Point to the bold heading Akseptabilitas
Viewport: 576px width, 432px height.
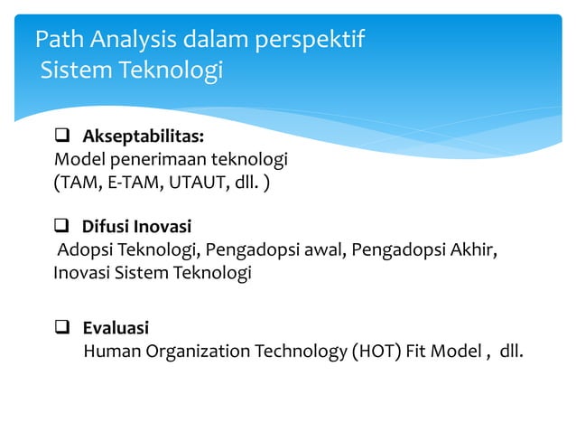pyautogui.click(x=143, y=137)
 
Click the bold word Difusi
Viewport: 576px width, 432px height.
pyautogui.click(x=107, y=226)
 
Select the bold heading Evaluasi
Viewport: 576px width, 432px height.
pyautogui.click(x=116, y=327)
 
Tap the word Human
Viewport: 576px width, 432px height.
pyautogui.click(x=110, y=351)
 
